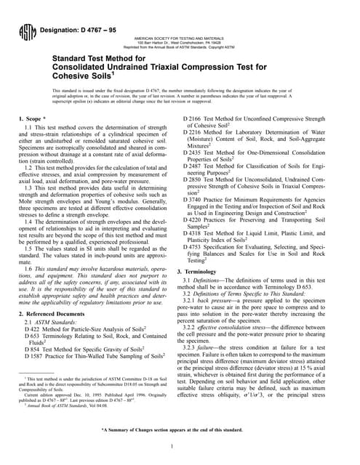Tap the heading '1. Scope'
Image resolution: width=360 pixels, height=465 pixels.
click(x=31, y=117)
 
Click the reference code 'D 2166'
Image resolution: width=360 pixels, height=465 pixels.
click(x=196, y=118)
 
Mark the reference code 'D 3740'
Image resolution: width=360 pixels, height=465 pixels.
click(x=196, y=200)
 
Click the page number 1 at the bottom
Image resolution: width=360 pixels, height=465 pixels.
click(x=180, y=446)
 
